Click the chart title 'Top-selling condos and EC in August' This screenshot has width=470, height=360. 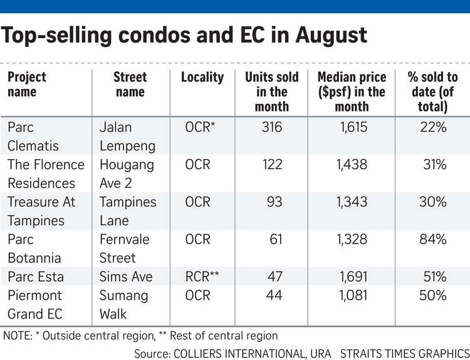(184, 36)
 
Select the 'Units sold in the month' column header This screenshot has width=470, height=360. (271, 91)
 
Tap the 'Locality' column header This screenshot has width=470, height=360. (202, 77)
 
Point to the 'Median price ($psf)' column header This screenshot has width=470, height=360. (351, 91)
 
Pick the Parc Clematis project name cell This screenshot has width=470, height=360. (33, 136)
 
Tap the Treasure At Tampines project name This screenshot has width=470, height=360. (41, 211)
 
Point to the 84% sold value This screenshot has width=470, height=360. (433, 239)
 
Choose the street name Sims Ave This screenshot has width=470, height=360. (126, 277)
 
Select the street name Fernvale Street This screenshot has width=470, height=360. (118, 249)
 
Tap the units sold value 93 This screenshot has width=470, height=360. (274, 202)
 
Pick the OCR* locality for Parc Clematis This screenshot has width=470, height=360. (201, 127)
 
